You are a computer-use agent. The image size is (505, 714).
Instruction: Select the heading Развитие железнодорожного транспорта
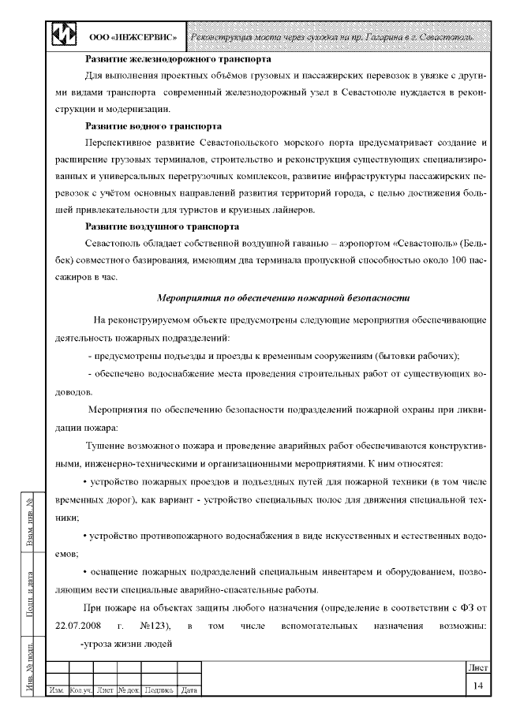pos(178,59)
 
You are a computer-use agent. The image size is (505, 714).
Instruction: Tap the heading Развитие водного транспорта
pos(152,125)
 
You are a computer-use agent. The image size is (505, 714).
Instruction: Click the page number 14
pos(477,686)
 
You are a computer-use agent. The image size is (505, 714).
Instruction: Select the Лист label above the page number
pos(477,667)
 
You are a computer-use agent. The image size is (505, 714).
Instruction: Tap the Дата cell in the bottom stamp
pos(189,691)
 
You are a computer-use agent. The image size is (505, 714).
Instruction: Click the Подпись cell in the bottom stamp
pos(160,691)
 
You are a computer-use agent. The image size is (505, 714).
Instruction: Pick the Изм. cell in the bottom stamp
pos(57,691)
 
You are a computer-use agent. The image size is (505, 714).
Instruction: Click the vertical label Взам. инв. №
pos(29,525)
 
